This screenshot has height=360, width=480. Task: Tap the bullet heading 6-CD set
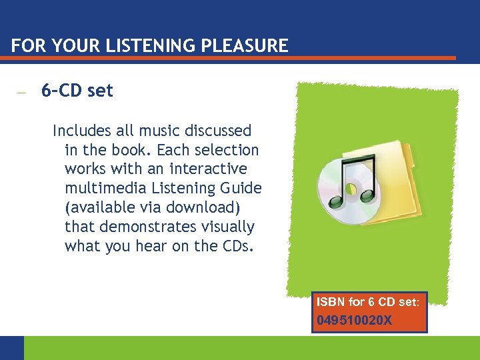pos(77,91)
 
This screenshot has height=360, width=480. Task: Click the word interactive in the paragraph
pos(208,169)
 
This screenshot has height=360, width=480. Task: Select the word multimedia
pos(101,188)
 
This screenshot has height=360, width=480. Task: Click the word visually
pos(230,227)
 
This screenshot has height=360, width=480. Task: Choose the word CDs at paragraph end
pos(239,246)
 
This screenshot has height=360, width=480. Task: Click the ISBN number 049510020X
pos(354,321)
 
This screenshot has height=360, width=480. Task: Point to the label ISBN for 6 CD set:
pos(368,302)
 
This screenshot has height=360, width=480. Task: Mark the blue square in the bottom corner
pos(11,347)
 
